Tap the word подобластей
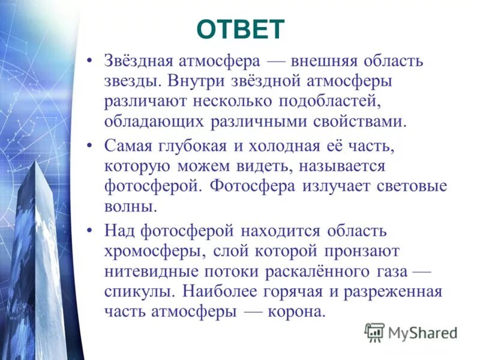pyautogui.click(x=325, y=102)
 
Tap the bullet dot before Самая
pyautogui.click(x=89, y=146)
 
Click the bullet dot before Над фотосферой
pyautogui.click(x=89, y=230)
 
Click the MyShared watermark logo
pyautogui.click(x=411, y=332)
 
